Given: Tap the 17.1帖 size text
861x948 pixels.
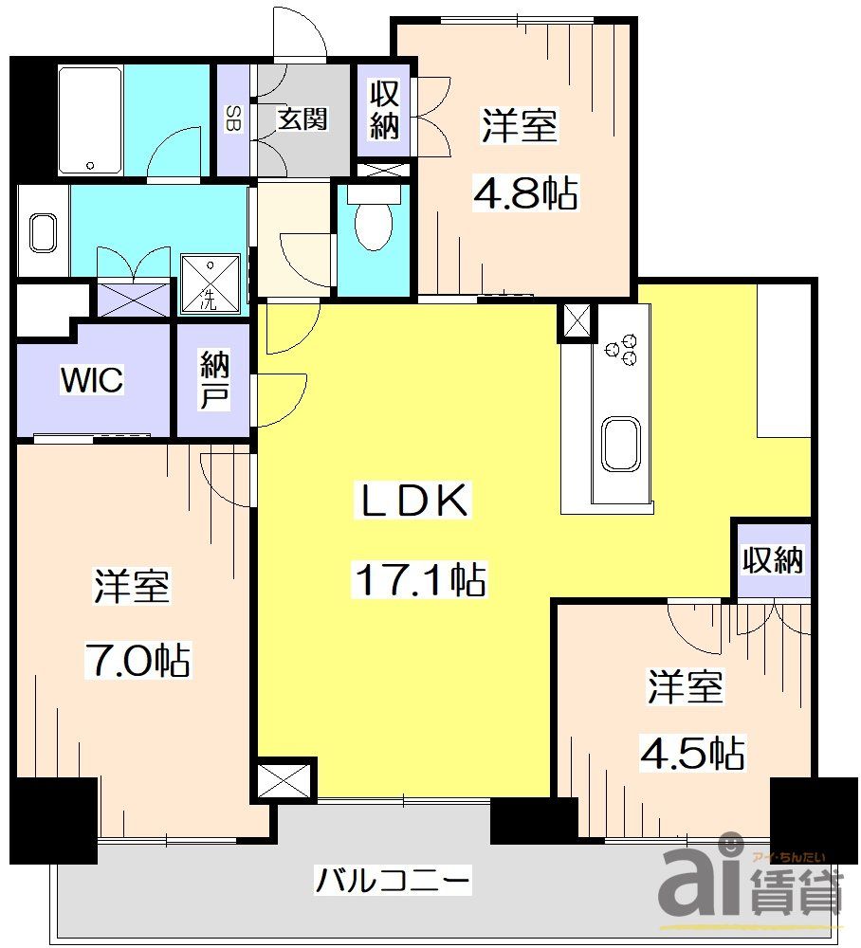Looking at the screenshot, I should (419, 578).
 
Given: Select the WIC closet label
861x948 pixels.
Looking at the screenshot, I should (92, 380).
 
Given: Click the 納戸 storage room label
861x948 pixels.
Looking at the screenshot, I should (214, 380).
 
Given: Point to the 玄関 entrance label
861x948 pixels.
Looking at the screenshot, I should (302, 119).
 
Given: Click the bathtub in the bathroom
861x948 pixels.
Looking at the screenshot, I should (89, 119).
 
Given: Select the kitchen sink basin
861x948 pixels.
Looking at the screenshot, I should (621, 443).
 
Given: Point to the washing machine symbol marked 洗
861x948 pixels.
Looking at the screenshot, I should (210, 282).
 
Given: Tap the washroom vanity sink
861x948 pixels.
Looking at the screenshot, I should (43, 232).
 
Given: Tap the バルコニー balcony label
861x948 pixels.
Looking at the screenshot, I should (393, 883).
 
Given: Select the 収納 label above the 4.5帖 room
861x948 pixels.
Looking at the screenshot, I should (774, 560).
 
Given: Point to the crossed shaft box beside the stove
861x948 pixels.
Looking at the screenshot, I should (577, 322).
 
